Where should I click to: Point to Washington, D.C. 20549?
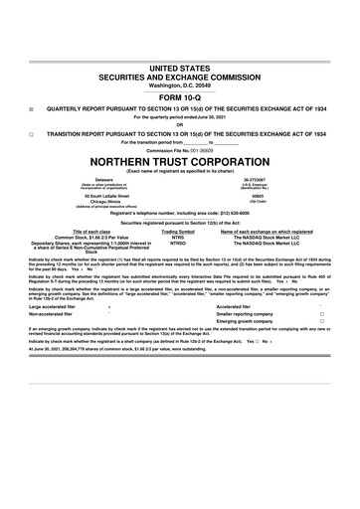coord(180,85)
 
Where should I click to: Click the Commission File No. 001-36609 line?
coord(180,149)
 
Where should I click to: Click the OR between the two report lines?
coord(180,123)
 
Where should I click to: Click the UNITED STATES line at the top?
coord(180,66)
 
